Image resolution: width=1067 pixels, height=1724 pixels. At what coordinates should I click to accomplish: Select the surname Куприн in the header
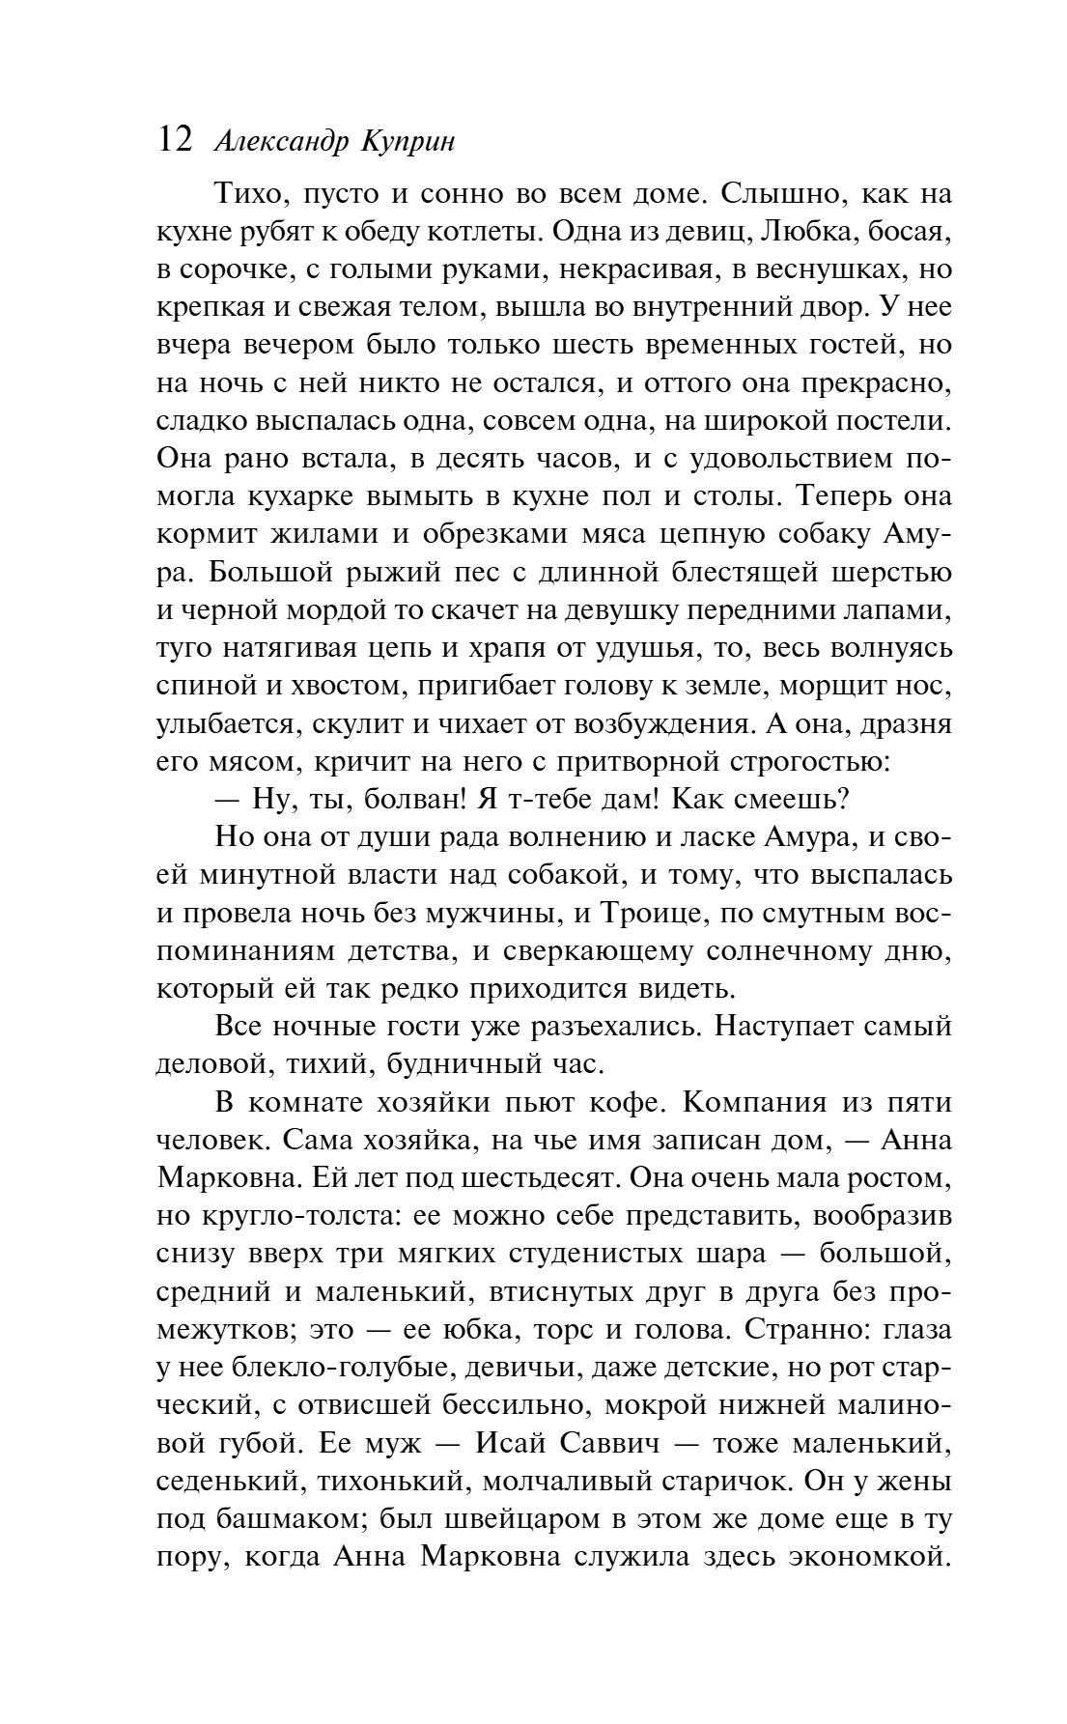click(x=407, y=143)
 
